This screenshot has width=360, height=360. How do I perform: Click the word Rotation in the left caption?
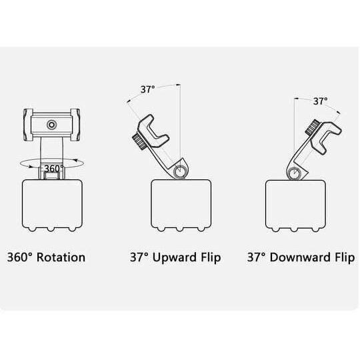click(61, 257)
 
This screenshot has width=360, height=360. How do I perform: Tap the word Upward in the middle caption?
click(174, 258)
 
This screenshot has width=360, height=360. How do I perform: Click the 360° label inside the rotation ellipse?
click(54, 169)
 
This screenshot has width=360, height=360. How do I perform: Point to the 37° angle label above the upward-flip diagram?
click(148, 89)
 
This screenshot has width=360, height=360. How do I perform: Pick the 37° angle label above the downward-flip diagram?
click(321, 101)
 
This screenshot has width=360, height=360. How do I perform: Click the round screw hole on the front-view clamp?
click(51, 125)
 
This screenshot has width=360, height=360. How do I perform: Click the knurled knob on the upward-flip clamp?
click(139, 142)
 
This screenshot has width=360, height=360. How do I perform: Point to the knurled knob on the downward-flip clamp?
click(312, 127)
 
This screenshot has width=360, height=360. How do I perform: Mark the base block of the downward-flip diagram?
click(295, 204)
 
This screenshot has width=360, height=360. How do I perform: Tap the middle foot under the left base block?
click(51, 229)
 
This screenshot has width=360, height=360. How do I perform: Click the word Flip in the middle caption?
click(211, 258)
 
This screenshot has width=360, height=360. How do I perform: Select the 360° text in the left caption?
click(21, 257)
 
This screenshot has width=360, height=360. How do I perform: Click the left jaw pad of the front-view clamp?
click(28, 125)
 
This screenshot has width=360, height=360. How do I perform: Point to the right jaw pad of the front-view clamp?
click(75, 125)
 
